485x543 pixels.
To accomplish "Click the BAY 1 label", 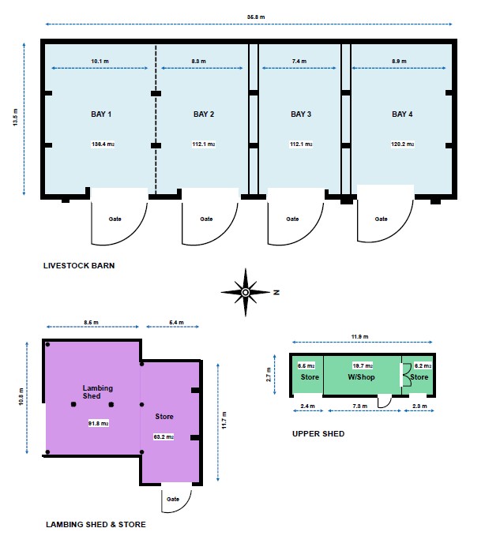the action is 101,114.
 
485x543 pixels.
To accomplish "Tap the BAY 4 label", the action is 402,114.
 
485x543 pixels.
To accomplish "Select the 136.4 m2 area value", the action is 103,144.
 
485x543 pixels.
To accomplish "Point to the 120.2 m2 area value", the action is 403,144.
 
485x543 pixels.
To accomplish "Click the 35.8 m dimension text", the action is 256,17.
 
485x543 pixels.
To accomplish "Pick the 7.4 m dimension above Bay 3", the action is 299,61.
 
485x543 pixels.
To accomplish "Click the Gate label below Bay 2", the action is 206,219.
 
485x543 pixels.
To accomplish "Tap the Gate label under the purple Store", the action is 173,499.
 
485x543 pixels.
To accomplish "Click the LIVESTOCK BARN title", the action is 79,266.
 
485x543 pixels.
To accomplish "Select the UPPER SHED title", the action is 318,433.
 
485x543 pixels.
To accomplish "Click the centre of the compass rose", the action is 246,293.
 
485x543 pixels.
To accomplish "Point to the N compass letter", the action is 276,293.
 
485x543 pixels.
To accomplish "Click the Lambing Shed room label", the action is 97,392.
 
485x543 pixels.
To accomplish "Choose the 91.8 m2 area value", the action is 99,423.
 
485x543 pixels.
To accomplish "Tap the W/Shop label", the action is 361,377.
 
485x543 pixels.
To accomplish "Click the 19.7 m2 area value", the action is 363,365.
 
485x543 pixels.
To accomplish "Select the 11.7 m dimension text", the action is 224,420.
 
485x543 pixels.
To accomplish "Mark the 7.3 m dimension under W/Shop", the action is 360,406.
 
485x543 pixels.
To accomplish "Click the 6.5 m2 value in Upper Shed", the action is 306,365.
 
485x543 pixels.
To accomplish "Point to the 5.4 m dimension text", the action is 176,322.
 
